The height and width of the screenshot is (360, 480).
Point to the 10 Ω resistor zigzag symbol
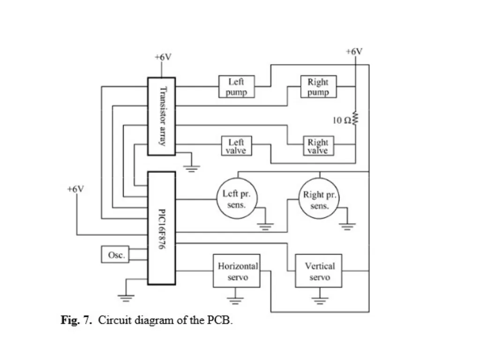point(355,118)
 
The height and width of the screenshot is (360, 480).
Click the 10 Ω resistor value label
point(342,120)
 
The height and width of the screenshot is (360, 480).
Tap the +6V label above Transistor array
point(163,57)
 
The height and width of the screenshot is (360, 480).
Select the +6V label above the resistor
point(354,52)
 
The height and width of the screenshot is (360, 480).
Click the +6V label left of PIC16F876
point(75,189)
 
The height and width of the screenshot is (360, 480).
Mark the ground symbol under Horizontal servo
point(235,300)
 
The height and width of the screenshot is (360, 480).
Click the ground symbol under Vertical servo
point(320,300)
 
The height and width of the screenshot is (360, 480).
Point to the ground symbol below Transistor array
point(192,169)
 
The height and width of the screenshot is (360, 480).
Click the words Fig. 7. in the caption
point(76,320)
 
